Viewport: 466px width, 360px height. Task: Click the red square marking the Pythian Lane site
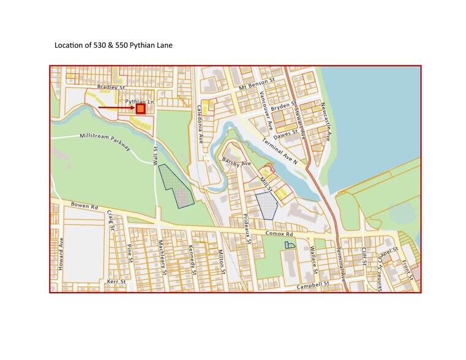tap(140, 108)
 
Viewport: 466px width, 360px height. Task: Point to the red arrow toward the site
tap(116, 108)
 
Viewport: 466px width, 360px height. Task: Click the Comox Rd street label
tap(280, 233)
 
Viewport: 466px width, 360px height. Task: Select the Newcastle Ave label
tap(325, 119)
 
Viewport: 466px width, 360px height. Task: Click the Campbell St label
tap(313, 285)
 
